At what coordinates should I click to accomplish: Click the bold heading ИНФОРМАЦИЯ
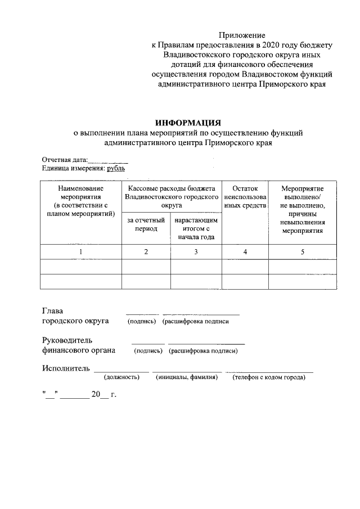188,123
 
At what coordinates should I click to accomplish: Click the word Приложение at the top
242,35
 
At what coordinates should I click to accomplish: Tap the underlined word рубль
116,168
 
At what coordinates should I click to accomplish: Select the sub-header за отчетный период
146,225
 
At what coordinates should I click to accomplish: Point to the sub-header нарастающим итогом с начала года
196,228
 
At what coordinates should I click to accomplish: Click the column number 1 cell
81,252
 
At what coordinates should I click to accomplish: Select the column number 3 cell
196,252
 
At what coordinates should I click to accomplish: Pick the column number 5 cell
303,252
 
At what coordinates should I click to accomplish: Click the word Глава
53,311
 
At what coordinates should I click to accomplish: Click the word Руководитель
67,340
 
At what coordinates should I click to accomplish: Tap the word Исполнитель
66,368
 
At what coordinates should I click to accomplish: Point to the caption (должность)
121,377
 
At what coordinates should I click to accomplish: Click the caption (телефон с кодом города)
269,377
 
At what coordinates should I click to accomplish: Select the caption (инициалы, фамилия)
186,377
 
